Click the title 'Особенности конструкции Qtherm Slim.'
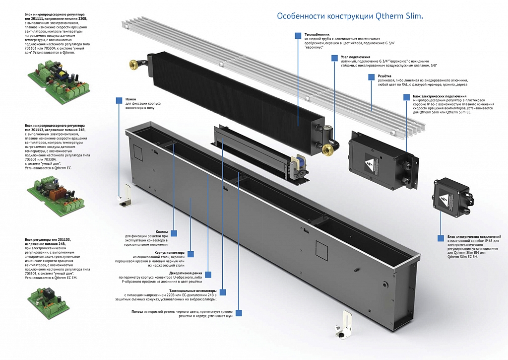pos(350,16)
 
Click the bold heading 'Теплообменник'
pos(317,34)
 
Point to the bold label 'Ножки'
pos(130,99)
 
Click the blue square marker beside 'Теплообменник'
pos(298,35)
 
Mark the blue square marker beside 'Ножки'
pos(119,100)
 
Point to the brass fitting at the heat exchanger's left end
pos(134,64)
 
